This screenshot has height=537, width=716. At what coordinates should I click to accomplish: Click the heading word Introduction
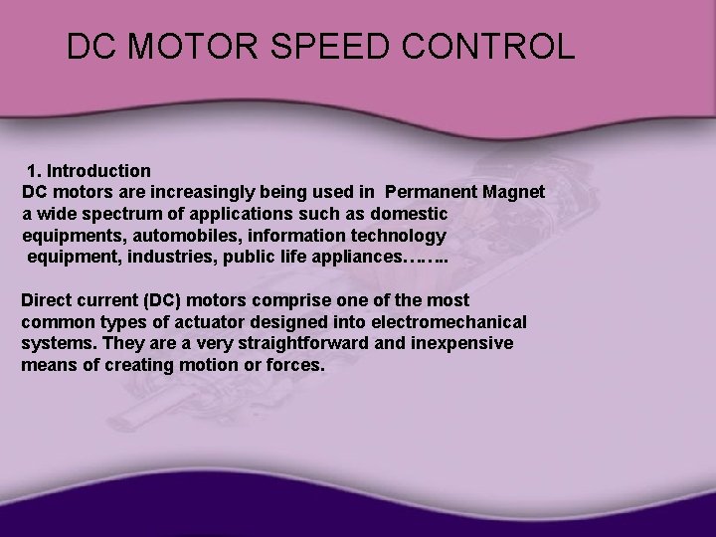coord(98,171)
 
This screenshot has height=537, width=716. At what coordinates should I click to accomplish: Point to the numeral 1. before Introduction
coord(36,171)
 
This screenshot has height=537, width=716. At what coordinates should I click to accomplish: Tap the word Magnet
coord(512,192)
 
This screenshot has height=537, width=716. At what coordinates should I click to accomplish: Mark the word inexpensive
coord(464,344)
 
